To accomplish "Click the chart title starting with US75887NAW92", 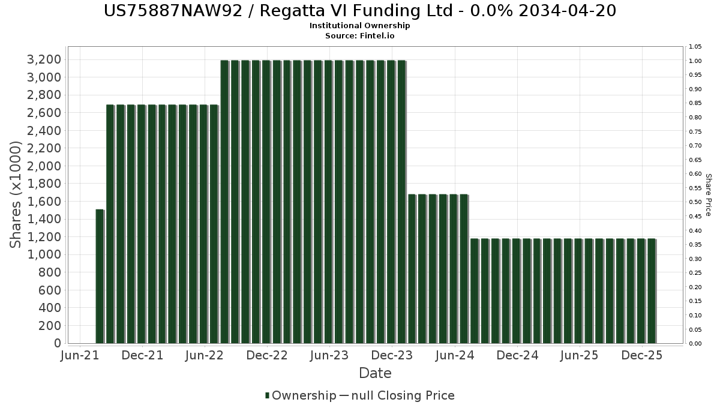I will [x=359, y=11].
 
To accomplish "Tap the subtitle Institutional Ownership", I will [x=359, y=26].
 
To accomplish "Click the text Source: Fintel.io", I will [x=359, y=35].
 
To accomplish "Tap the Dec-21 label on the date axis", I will [x=143, y=356].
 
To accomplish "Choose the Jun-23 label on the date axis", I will [x=329, y=356].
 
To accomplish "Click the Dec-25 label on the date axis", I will [x=642, y=356].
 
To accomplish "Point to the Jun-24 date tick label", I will [x=454, y=356].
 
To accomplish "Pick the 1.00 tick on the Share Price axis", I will [x=695, y=61].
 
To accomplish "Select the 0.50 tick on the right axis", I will [x=695, y=202].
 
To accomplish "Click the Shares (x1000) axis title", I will [x=16, y=194].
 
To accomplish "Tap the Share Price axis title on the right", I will [x=708, y=195].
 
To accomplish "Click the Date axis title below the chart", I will [x=375, y=373].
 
